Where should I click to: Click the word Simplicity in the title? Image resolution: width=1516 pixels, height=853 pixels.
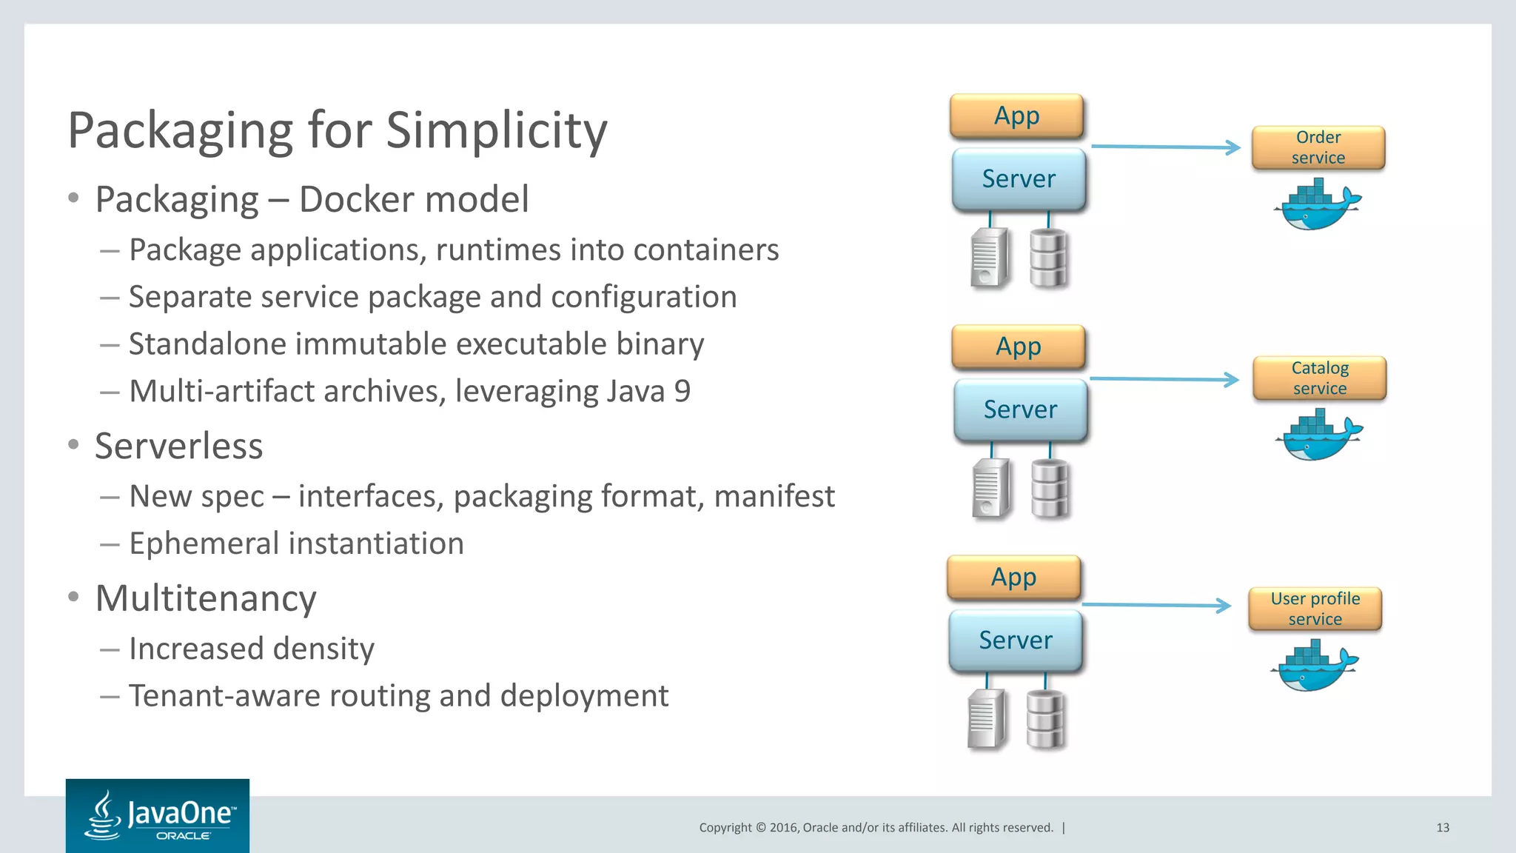tap(496, 131)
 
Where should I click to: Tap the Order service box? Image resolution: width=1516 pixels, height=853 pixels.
tap(1318, 147)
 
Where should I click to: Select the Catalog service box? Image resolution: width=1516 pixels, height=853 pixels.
tap(1319, 378)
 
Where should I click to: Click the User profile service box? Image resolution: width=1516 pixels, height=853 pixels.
tap(1315, 609)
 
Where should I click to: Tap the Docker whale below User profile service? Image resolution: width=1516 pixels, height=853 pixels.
tap(1313, 667)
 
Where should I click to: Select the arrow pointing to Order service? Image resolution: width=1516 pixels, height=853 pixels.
tap(1165, 147)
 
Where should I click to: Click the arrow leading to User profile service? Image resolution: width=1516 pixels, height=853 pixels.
tap(1156, 605)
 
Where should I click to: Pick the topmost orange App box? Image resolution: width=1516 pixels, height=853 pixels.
tap(1016, 116)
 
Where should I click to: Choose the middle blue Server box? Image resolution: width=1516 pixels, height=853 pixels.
tap(1020, 409)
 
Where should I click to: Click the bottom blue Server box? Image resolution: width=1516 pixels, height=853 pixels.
tap(1015, 640)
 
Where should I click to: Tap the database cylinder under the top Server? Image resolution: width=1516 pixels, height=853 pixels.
tap(1048, 258)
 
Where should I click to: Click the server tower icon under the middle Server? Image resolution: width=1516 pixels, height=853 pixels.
tap(990, 488)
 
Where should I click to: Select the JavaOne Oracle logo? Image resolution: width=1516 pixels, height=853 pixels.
tap(158, 816)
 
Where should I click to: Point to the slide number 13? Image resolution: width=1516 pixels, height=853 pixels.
tap(1442, 828)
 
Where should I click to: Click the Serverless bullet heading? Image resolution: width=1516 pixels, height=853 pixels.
tap(178, 446)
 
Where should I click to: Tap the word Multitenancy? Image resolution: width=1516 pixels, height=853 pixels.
tap(206, 598)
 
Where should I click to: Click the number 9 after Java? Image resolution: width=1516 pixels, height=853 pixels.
tap(682, 391)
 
